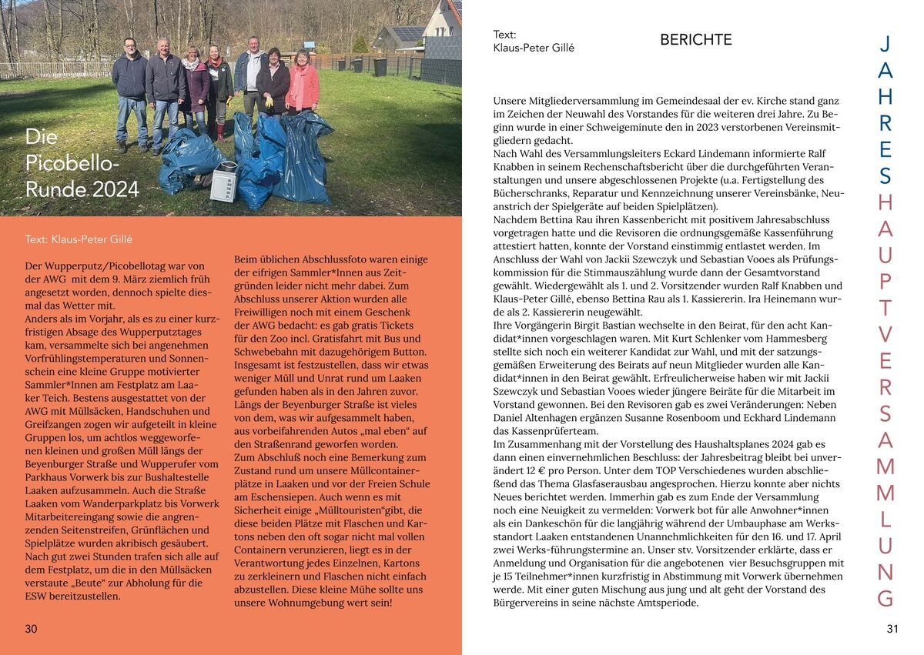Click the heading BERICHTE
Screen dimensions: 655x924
696,40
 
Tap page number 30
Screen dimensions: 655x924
31,629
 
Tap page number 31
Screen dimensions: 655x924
892,629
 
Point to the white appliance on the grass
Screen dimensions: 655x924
224,182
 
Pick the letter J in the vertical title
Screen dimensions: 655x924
885,44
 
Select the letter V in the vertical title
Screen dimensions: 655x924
885,334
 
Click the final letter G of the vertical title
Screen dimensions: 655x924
885,598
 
